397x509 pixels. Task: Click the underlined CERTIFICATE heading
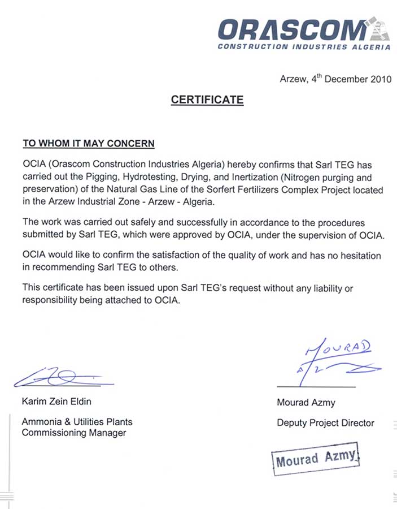click(x=207, y=100)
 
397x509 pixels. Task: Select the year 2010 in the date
click(x=381, y=80)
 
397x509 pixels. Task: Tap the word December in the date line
click(x=344, y=80)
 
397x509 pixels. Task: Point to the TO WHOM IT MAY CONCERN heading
click(x=88, y=144)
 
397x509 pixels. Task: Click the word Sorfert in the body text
click(x=211, y=189)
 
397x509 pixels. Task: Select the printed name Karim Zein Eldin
click(x=56, y=402)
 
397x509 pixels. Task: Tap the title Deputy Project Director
click(x=325, y=422)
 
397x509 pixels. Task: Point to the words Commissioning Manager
click(x=74, y=433)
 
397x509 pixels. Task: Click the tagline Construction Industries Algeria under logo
click(x=304, y=47)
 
